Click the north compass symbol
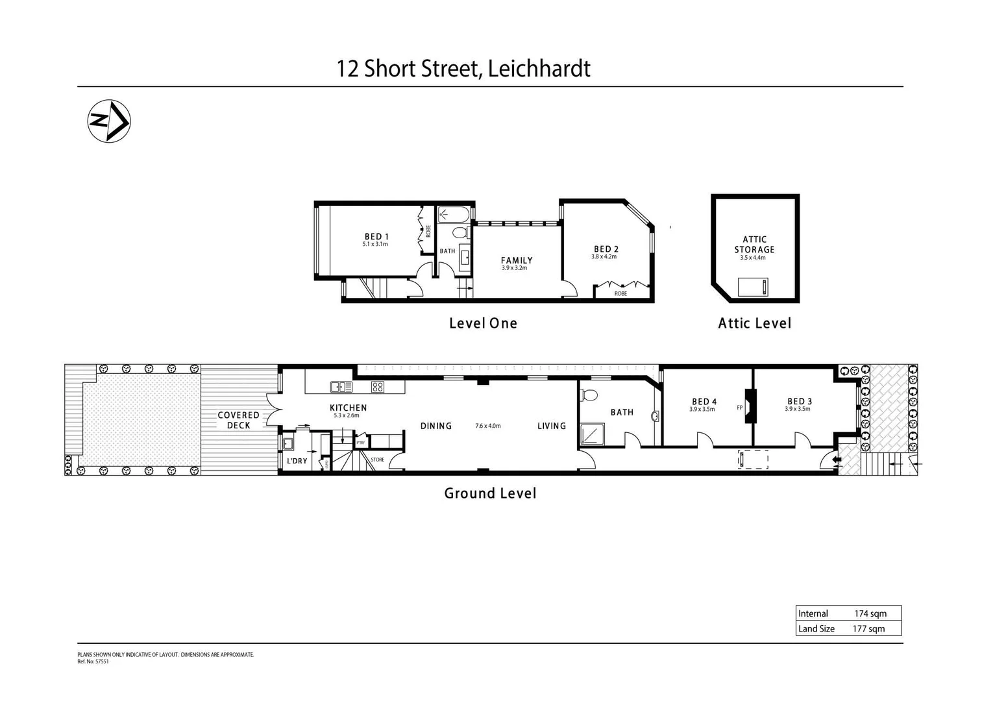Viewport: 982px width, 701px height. [109, 121]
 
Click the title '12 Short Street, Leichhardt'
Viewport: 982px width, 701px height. [463, 68]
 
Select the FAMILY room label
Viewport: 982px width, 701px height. [516, 260]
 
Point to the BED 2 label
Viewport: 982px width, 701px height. [606, 249]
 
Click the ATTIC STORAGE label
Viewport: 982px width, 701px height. [754, 244]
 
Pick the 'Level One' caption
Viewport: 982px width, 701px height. [483, 323]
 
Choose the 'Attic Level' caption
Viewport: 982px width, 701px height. [754, 323]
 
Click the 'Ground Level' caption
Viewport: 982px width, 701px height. [490, 493]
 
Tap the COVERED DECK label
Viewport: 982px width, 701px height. [238, 420]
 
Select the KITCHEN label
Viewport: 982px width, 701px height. [348, 408]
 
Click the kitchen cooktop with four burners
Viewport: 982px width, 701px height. [378, 387]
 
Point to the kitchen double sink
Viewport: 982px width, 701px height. [341, 387]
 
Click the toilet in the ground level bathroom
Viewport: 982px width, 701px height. [589, 394]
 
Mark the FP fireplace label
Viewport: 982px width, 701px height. [739, 408]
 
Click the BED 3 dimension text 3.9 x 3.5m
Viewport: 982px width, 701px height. [797, 409]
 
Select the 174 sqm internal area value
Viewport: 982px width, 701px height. [870, 613]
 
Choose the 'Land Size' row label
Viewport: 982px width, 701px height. [816, 628]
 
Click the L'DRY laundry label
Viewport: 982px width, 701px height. [297, 461]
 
